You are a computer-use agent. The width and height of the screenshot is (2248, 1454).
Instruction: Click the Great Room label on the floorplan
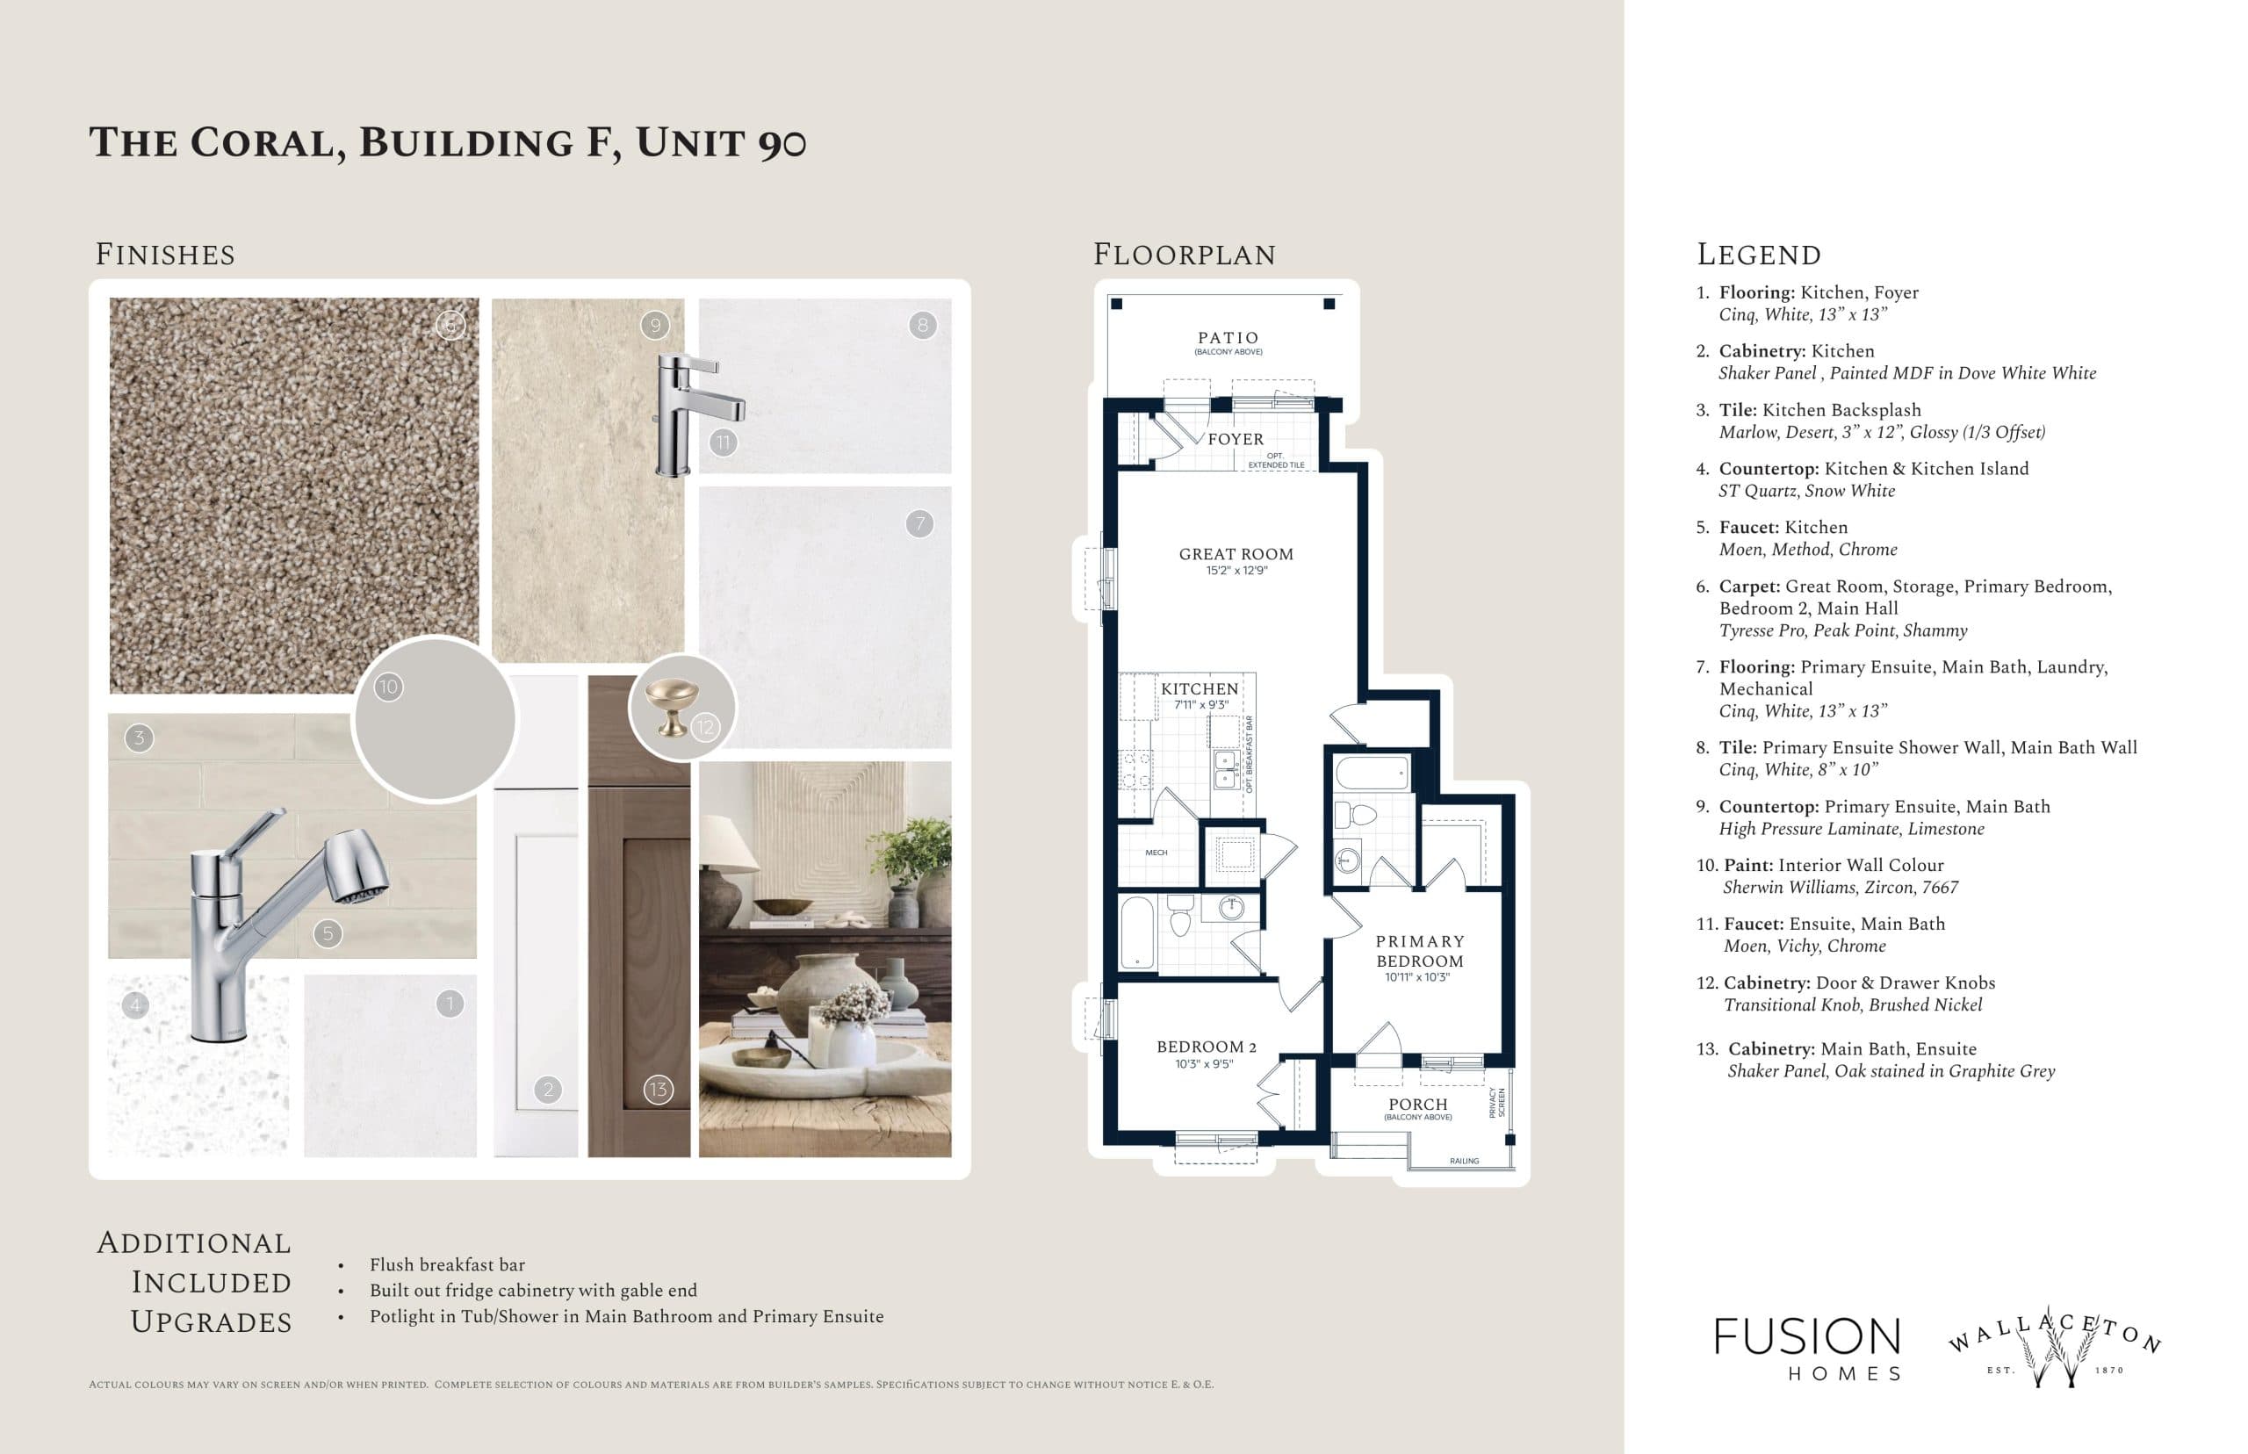(1235, 554)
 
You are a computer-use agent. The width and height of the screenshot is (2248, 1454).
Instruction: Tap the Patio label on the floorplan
(1228, 338)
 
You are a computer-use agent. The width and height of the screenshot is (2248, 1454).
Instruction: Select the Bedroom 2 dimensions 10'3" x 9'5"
(1203, 1064)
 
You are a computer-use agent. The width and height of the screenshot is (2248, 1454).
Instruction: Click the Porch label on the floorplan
(1417, 1104)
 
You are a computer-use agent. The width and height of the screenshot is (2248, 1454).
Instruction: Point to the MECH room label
(1156, 853)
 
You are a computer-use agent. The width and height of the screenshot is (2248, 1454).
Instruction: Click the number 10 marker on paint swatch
(388, 687)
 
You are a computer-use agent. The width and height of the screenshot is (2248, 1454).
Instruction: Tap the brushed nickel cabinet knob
(670, 708)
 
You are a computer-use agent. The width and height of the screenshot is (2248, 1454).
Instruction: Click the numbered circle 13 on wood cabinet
(657, 1090)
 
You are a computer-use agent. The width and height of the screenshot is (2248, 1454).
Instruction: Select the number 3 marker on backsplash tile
(139, 738)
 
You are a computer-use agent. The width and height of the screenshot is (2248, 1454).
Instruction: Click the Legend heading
(1758, 255)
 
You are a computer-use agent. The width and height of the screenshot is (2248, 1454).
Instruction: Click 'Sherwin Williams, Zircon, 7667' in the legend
(1839, 888)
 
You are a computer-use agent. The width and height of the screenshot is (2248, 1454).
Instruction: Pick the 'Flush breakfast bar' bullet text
(447, 1264)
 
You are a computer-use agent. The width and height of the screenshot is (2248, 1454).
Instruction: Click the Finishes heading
(165, 255)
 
